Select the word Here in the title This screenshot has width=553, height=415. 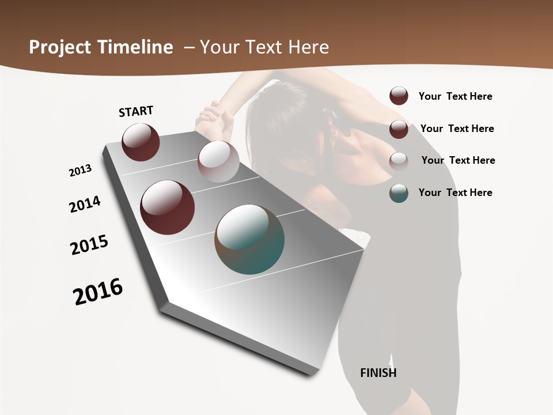click(x=308, y=47)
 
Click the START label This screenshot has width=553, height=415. click(x=136, y=111)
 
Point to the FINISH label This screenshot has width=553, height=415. click(x=378, y=373)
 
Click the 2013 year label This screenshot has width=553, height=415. click(x=80, y=171)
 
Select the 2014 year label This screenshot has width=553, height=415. click(x=85, y=204)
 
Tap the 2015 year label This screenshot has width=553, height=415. click(x=89, y=245)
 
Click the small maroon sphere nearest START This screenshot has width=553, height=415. click(x=141, y=142)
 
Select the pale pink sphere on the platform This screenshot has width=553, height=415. click(x=218, y=161)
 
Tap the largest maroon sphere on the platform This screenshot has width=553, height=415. click(x=167, y=207)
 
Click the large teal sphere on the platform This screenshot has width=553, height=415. click(x=249, y=239)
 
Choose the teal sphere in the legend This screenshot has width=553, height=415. click(x=399, y=193)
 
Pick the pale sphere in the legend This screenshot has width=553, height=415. click(x=399, y=161)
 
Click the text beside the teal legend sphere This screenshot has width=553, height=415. click(x=455, y=193)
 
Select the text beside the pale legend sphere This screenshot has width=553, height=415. click(x=458, y=160)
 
